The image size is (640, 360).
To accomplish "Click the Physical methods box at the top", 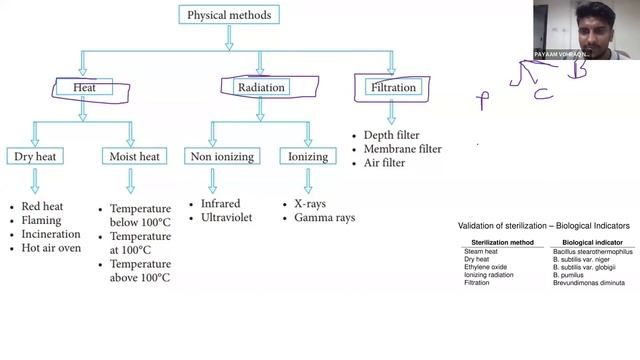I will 228,15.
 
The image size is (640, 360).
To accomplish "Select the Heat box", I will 83,88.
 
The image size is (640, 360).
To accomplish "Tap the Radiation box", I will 261,88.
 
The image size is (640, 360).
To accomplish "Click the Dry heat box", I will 36,156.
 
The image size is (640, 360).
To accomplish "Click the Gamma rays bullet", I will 325,217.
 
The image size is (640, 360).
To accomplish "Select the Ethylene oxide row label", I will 485,267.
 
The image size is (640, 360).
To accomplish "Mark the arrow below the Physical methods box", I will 229,38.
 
